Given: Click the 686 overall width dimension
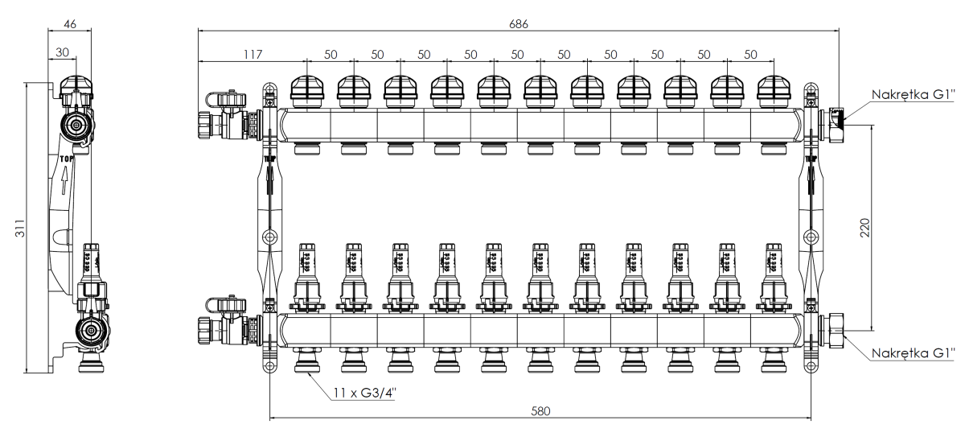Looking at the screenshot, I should point(519,24).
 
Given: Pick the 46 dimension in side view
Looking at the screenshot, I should point(70,24).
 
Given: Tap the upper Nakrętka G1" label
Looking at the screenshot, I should point(914,93).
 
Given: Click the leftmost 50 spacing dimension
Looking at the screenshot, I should point(330,54).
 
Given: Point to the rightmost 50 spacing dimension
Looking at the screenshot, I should point(750,54).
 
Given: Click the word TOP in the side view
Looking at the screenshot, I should point(67,159).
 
